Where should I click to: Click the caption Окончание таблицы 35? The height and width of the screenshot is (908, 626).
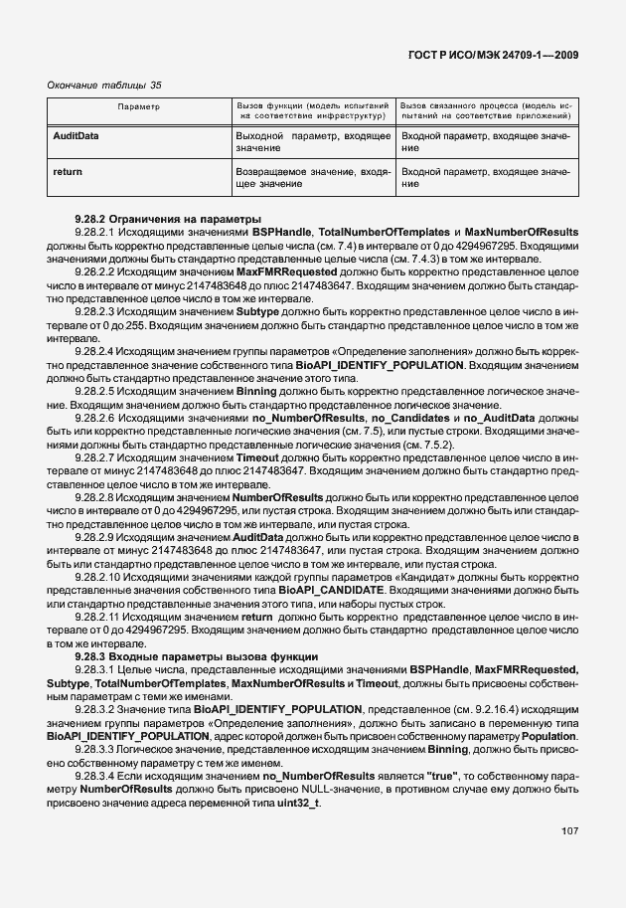click(x=104, y=85)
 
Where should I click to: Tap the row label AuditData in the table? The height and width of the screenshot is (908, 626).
click(x=76, y=134)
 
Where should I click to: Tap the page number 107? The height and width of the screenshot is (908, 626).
click(x=568, y=830)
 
